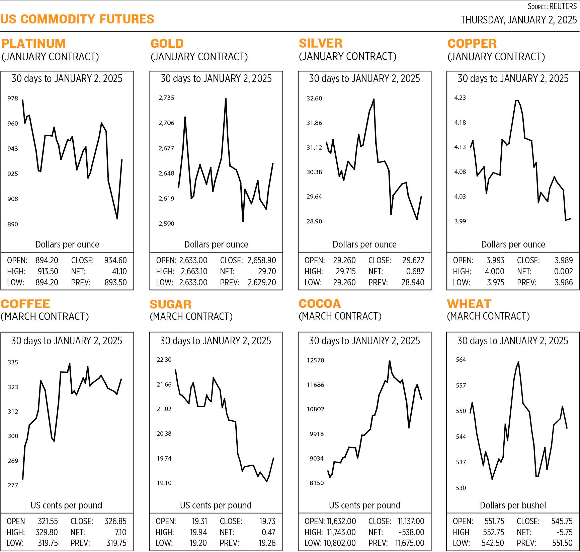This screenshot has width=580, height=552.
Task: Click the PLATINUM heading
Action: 33,44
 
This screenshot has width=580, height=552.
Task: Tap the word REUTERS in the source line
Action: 563,6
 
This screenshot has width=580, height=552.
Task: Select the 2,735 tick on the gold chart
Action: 166,98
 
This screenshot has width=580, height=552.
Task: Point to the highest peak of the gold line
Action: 226,98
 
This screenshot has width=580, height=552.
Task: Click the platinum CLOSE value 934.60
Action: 115,260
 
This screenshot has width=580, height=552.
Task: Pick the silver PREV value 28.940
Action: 413,282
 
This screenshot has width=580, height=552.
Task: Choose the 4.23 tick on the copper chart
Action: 460,98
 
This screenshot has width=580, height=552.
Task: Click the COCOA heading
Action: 320,303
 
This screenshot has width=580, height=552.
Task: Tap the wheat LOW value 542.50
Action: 493,543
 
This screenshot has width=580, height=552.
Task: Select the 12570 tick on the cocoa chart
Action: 315,360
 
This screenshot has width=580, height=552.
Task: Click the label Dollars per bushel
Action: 513,505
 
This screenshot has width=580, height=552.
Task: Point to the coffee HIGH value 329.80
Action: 47,532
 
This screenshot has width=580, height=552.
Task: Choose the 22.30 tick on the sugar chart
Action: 164,360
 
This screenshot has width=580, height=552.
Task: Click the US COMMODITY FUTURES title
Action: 77,19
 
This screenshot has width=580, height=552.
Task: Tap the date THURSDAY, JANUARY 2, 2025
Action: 518,20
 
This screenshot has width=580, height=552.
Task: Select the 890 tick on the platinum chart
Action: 13,224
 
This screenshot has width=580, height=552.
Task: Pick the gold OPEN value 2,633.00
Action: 193,260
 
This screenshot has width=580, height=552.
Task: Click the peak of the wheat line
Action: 518,362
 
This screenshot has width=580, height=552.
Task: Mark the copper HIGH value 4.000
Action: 494,271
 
